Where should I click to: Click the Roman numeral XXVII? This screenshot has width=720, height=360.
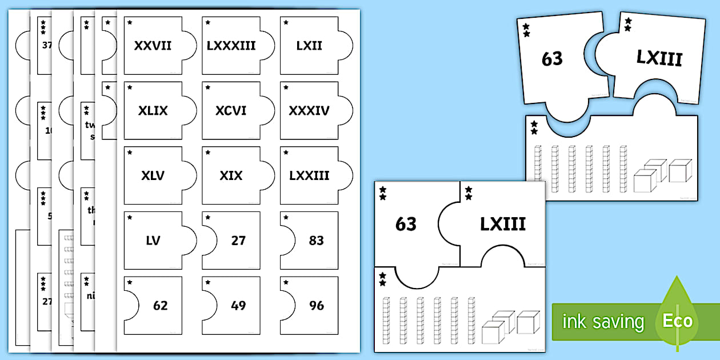[x=153, y=46]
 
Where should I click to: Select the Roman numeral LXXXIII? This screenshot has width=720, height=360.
[x=231, y=46]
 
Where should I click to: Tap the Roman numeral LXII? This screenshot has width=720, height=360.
[x=309, y=46]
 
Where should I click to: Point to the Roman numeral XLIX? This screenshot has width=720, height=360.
[x=153, y=111]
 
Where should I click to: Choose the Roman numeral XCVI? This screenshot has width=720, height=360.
[x=231, y=111]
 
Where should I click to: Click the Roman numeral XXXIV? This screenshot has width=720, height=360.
[x=309, y=111]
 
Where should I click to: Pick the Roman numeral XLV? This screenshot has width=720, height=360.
[x=153, y=176]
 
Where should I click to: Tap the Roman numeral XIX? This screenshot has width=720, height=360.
[x=231, y=176]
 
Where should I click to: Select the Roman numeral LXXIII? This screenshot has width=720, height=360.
[x=309, y=176]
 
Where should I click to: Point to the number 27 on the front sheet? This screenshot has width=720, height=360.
[x=238, y=241]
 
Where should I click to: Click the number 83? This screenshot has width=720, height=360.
[x=317, y=241]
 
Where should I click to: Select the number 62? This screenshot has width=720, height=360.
[x=161, y=306]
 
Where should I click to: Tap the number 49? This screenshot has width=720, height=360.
[x=238, y=306]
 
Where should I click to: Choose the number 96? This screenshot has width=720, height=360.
[x=317, y=306]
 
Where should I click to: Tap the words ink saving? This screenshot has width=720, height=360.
[x=603, y=322]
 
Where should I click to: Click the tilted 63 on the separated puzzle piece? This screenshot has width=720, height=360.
[x=552, y=58]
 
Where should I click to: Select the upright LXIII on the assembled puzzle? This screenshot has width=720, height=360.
[x=502, y=225]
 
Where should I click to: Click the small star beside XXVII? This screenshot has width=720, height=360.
[x=130, y=23]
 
